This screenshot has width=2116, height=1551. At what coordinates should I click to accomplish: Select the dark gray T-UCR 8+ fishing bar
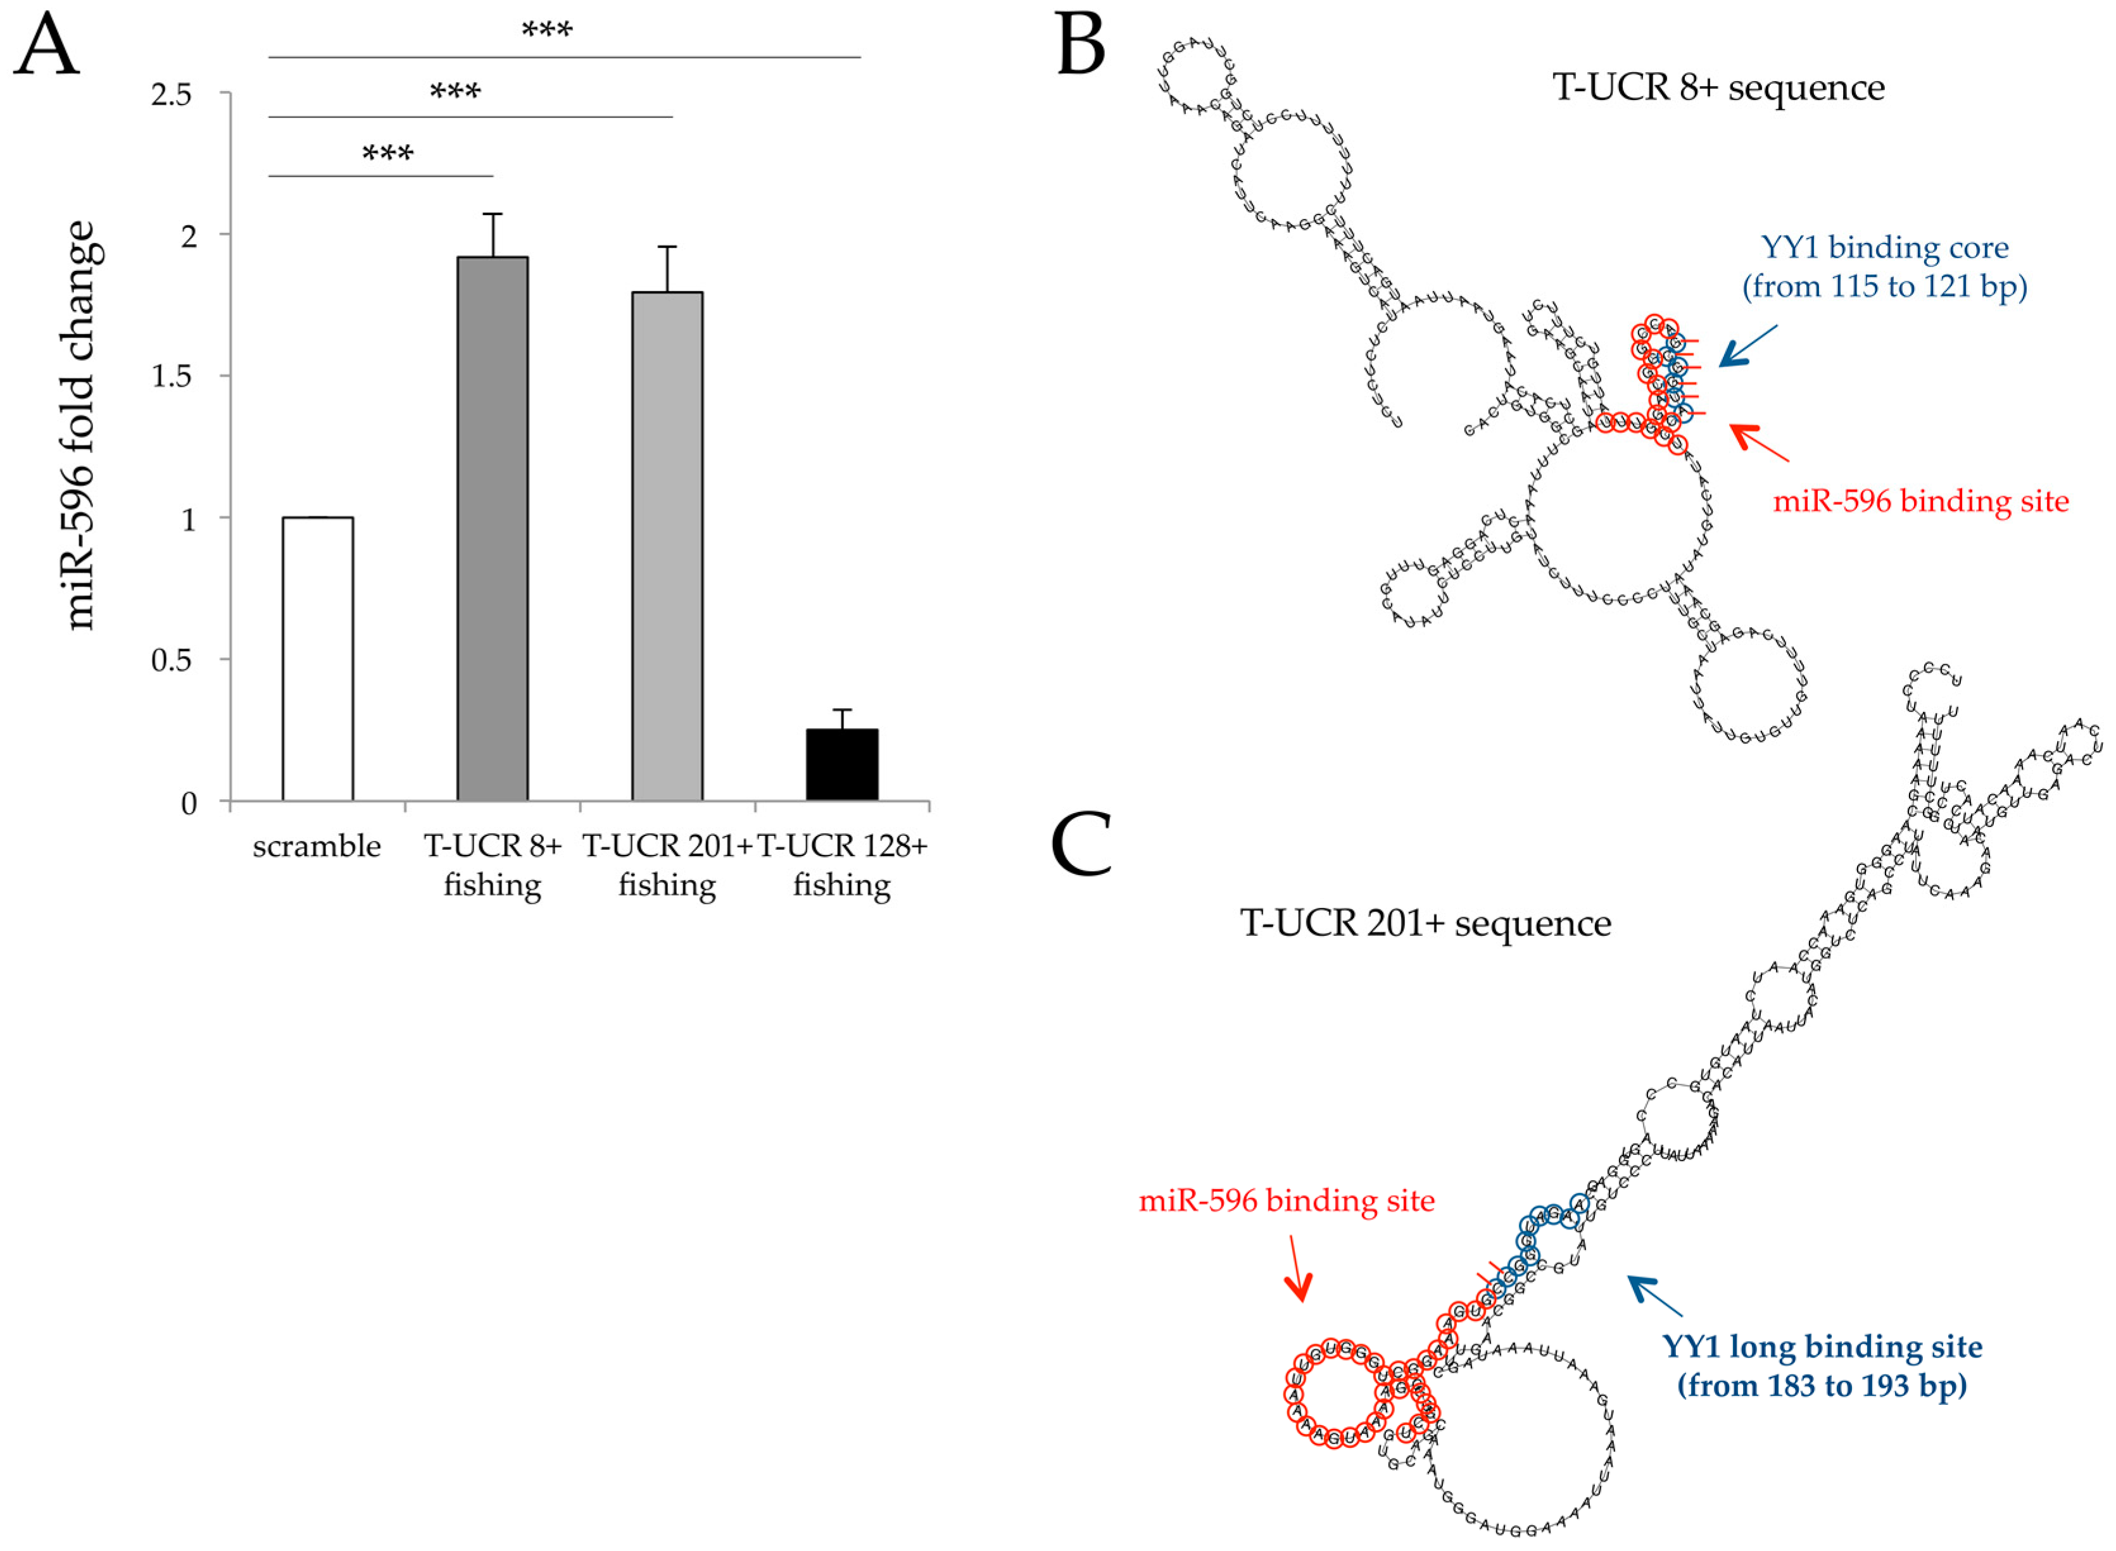point(492,528)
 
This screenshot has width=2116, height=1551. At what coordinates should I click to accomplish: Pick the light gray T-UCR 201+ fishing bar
point(667,546)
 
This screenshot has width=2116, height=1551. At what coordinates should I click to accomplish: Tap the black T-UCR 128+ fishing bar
point(841,764)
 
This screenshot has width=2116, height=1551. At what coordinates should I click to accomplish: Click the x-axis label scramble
point(317,846)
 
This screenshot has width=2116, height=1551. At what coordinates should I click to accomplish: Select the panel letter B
point(1080,45)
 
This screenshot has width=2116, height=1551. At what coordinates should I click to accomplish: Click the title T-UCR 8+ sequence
point(1718,87)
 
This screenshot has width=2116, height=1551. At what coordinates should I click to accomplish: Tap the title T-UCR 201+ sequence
point(1425,923)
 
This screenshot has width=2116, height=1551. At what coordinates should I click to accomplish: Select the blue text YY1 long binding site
point(1822,1347)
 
